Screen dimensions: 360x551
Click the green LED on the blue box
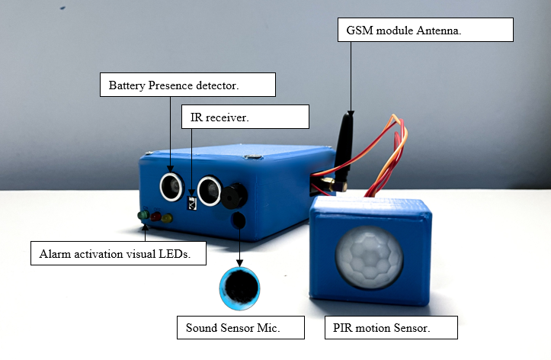[143, 216]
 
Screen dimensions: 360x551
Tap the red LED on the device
[155, 217]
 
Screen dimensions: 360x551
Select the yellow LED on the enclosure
[167, 217]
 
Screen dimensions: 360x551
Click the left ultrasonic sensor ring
[170, 185]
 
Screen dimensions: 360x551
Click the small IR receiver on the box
[192, 202]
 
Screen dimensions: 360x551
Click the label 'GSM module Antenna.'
[424, 30]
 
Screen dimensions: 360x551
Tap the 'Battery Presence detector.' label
[187, 85]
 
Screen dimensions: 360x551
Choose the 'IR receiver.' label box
[245, 117]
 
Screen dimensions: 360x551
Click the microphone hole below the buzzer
[238, 220]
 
